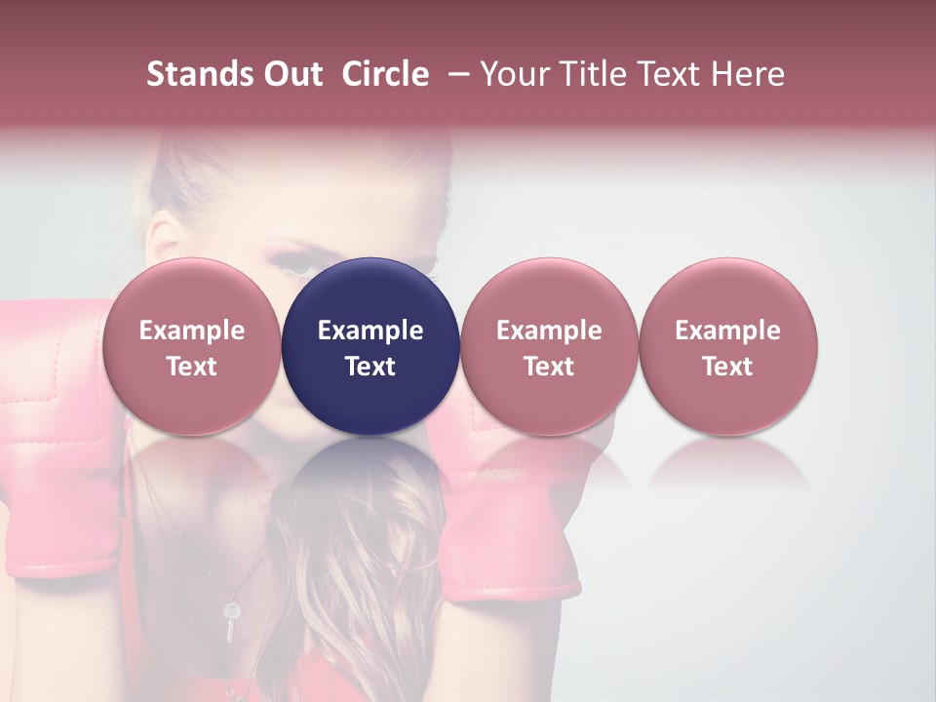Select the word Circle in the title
(385, 74)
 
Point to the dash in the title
(455, 74)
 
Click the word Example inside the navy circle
(370, 331)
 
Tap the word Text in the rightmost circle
(727, 367)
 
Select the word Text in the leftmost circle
(192, 367)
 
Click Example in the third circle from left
(549, 331)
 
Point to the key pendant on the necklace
(231, 619)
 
